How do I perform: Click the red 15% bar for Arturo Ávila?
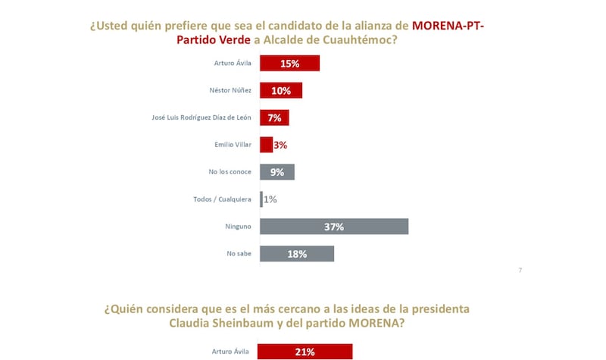(289, 63)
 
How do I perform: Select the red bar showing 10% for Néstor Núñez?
(281, 90)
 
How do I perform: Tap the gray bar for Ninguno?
(334, 227)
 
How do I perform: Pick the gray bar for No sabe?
(297, 254)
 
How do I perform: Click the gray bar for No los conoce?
(276, 172)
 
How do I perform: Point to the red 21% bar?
(305, 352)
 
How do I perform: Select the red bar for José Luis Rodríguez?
(274, 117)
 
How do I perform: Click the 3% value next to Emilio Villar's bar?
(280, 145)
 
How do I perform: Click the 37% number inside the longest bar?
(334, 227)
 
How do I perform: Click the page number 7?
(520, 270)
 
